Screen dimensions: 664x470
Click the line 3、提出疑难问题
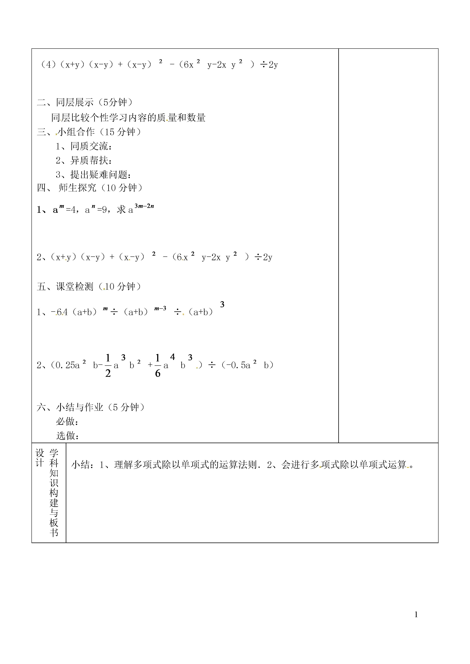point(93,175)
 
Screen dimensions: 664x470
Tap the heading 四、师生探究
point(90,188)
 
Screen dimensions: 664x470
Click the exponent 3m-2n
point(144,206)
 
